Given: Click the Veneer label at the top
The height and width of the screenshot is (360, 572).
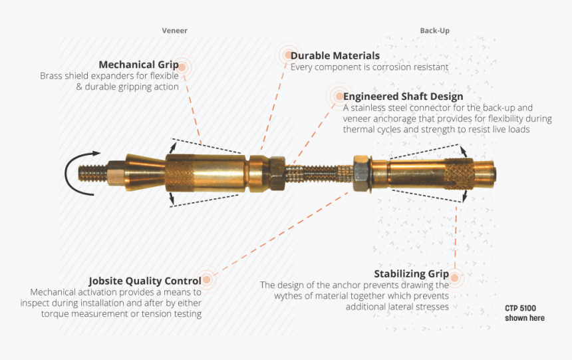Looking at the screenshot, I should [x=175, y=31].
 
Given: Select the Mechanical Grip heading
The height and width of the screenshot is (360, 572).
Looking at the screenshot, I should [x=138, y=65].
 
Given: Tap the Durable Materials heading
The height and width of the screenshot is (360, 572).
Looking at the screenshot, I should [x=335, y=56].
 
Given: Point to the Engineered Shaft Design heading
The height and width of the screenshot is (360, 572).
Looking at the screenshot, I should [x=403, y=96].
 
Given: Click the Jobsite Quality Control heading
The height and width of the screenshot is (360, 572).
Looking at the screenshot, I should [x=145, y=281].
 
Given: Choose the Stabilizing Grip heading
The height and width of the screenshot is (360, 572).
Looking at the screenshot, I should [x=410, y=273].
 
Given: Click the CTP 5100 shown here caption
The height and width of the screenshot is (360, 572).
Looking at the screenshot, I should [x=524, y=313].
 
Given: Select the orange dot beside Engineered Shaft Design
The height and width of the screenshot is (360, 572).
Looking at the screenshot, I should [x=338, y=96].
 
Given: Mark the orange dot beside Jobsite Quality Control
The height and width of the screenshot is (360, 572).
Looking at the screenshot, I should [x=207, y=281].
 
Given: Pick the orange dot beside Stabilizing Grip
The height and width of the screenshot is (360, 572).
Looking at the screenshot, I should [x=455, y=277].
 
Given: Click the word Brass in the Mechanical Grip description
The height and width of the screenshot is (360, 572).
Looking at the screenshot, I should [x=51, y=76].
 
